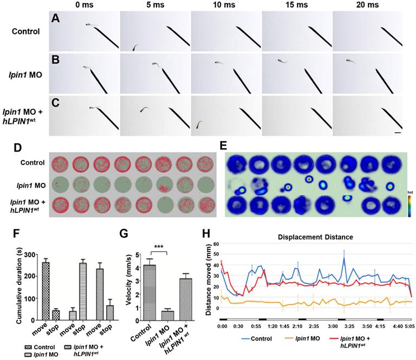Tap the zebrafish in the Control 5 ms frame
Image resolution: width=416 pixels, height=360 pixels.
(135, 48)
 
